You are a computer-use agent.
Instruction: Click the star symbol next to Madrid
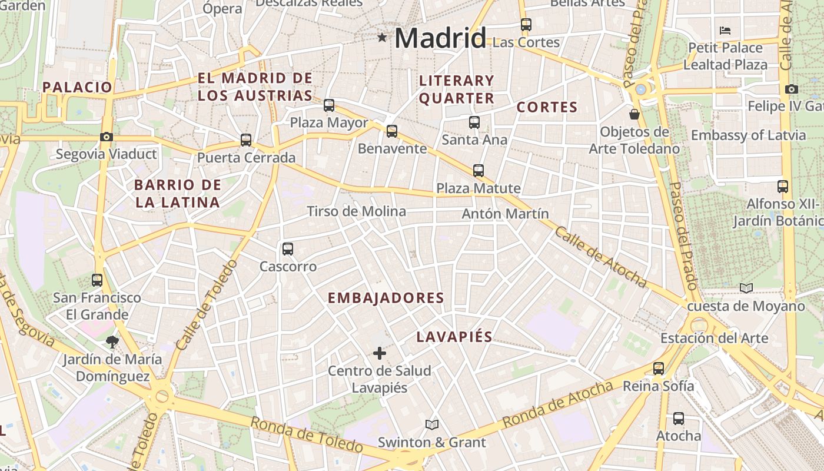tap(383, 38)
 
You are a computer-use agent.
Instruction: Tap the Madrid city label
tap(440, 38)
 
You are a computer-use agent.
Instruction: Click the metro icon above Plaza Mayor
tap(329, 105)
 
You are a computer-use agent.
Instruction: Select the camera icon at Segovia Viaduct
tap(107, 137)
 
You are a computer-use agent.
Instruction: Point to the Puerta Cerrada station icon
tap(246, 140)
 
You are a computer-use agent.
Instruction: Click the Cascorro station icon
tap(288, 248)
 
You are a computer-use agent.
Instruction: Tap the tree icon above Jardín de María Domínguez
tap(112, 341)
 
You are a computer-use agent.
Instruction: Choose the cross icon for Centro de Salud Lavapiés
tap(380, 353)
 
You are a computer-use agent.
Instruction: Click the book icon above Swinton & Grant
tap(432, 424)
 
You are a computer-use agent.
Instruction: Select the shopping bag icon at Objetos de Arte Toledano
tap(634, 114)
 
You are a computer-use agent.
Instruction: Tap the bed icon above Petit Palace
tap(725, 30)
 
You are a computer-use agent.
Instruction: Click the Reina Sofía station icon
tap(659, 369)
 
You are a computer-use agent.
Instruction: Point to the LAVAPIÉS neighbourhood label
tap(454, 337)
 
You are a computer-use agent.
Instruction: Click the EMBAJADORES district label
tap(386, 298)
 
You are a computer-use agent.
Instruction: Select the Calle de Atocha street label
tap(600, 257)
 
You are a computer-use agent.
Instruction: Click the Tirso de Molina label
tap(356, 211)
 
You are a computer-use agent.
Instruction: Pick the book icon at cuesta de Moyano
tap(746, 288)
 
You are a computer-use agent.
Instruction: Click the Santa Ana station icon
tap(474, 122)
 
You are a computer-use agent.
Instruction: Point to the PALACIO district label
tap(77, 87)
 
